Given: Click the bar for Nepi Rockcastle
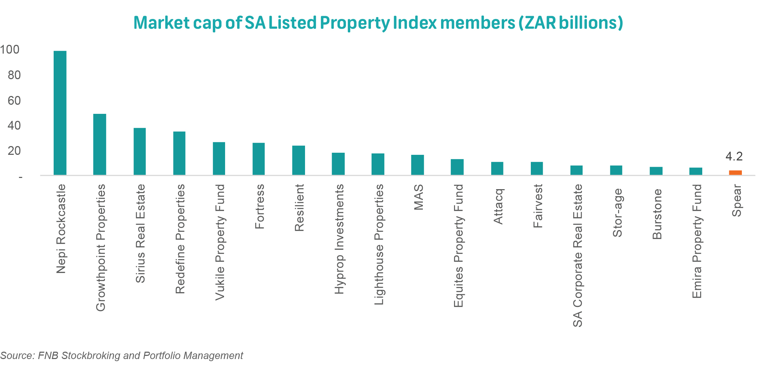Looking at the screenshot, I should point(60,113).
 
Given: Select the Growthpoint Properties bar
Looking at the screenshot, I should point(100,144).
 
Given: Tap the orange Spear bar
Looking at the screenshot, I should point(735,172).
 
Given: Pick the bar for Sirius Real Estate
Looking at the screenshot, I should point(140,151).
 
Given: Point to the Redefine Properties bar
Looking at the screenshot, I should point(179,153).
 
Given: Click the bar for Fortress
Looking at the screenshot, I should point(259,159).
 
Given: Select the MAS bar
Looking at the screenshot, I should point(418,165).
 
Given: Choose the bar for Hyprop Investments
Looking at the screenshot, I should point(338,164).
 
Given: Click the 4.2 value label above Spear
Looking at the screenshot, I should point(734,156).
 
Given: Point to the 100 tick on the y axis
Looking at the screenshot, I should point(10,50).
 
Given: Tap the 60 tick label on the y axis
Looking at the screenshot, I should point(14,101).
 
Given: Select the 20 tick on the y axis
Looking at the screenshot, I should point(14,151).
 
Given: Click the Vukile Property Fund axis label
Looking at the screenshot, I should point(220,242).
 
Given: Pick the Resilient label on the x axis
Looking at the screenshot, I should point(299,208).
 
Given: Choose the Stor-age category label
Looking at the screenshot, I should point(617,213).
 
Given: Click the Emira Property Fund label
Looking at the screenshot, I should point(696,241).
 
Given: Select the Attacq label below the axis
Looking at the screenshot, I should point(498,206).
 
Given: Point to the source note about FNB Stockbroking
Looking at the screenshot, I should point(122,356).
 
